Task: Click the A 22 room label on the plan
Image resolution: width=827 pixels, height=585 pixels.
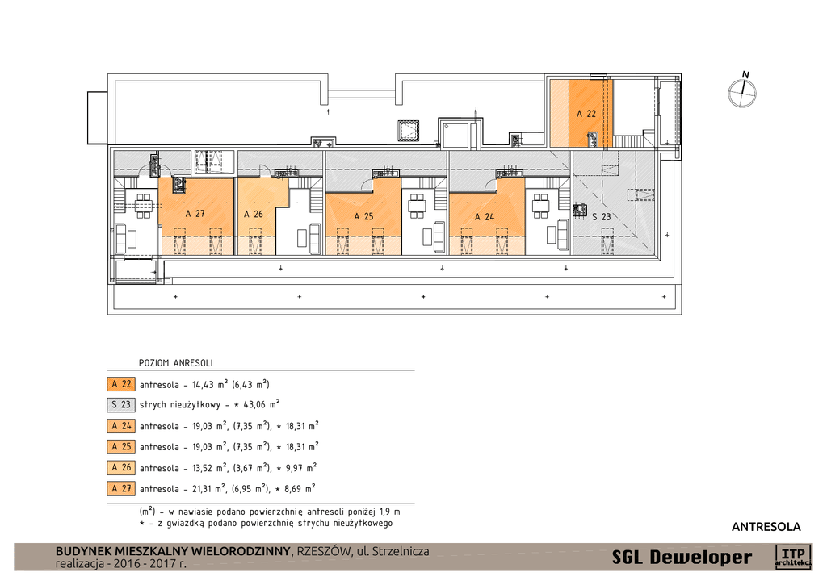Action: tap(586, 113)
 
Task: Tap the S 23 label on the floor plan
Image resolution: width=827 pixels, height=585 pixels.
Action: tap(601, 216)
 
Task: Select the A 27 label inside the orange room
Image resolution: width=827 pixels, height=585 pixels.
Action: tap(195, 214)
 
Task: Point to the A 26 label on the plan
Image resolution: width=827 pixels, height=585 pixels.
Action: tap(253, 214)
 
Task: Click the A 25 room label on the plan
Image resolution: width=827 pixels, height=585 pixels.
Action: tap(363, 216)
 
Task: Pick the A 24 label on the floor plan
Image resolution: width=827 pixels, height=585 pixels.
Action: tap(485, 216)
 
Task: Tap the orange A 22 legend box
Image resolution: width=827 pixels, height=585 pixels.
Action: tap(121, 384)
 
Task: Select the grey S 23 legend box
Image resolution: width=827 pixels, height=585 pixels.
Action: tap(121, 405)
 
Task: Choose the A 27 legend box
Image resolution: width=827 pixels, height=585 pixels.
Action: tap(121, 488)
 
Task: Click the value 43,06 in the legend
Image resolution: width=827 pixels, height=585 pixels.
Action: tap(254, 405)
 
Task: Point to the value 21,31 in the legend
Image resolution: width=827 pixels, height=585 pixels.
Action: tap(203, 489)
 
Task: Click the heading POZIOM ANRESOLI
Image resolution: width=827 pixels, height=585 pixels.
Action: tap(175, 363)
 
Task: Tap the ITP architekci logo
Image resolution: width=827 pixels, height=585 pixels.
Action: tap(793, 557)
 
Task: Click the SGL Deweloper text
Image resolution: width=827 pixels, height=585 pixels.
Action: tap(682, 557)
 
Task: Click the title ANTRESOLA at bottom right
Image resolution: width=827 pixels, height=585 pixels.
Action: tap(766, 526)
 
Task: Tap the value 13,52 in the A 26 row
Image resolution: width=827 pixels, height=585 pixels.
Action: tap(203, 468)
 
